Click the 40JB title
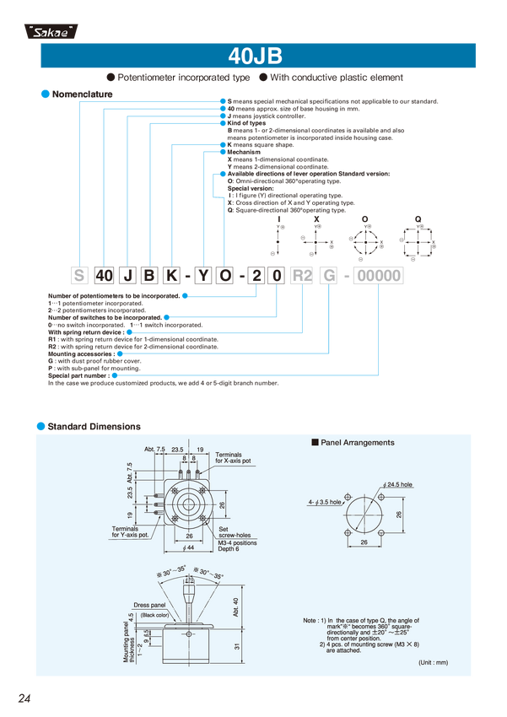click(x=254, y=57)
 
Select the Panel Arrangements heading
click(x=356, y=442)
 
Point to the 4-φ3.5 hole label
click(x=325, y=502)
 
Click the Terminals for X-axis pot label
click(x=233, y=458)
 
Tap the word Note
click(x=310, y=621)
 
